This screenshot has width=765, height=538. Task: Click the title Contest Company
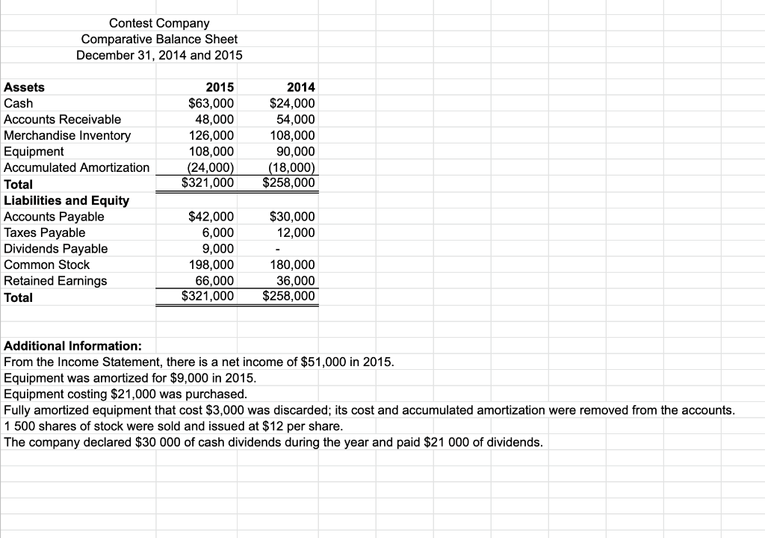coord(159,23)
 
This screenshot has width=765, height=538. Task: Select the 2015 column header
coord(220,87)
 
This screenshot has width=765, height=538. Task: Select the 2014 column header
coord(300,87)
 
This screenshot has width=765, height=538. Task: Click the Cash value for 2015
coord(211,103)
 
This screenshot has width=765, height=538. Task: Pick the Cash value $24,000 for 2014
coord(292,103)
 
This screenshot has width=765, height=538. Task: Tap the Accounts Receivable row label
coord(63,120)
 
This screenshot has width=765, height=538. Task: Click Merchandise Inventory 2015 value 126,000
coord(214,135)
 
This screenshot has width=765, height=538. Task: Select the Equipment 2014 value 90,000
coord(295,152)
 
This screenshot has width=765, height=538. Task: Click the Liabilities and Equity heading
coord(66,200)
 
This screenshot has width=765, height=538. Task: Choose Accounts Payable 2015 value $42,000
coord(211,217)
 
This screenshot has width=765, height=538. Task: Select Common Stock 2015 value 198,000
coord(214,265)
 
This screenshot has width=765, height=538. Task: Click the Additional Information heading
coord(73,346)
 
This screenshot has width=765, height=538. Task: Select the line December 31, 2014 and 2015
coord(159,55)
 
